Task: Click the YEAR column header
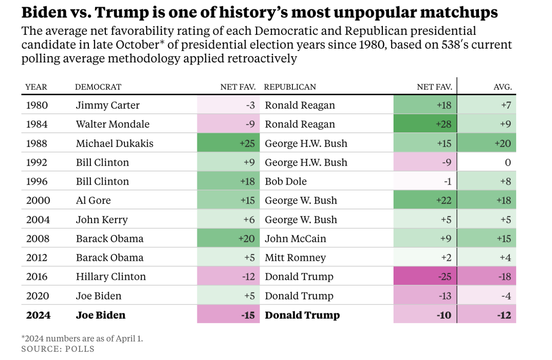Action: tap(36, 87)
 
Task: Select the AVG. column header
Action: tap(502, 87)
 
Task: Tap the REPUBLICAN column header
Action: tap(290, 87)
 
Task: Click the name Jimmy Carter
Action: tap(107, 105)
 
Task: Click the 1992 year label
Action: tap(37, 163)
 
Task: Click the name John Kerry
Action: tap(102, 220)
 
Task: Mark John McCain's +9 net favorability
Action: tap(424, 239)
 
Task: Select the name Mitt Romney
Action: tap(295, 258)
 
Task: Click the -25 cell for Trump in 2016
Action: tap(424, 277)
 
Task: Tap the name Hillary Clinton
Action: tap(111, 277)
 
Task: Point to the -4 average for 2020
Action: tap(487, 296)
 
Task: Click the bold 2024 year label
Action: tap(38, 315)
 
